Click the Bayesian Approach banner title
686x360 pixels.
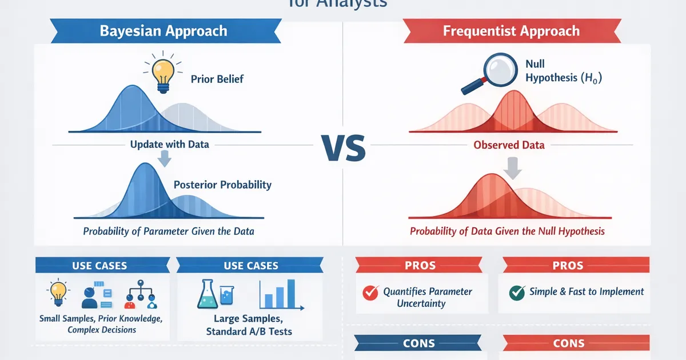point(163,31)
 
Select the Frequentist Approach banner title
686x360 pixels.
point(511,31)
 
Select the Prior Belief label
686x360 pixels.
point(217,79)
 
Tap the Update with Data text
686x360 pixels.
point(170,144)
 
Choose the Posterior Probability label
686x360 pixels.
point(222,185)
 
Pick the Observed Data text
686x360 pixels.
point(509,145)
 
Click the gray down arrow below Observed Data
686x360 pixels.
point(513,169)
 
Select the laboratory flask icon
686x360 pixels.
point(210,294)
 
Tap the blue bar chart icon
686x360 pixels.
point(277,294)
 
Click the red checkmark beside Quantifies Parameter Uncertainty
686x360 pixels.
point(371,293)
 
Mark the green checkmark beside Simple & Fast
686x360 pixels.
point(517,292)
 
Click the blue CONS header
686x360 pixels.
point(419,343)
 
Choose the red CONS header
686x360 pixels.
point(569,343)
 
